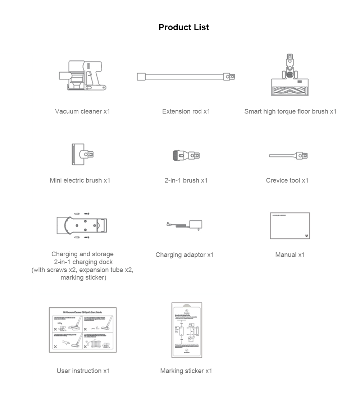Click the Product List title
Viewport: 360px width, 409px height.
[x=183, y=27]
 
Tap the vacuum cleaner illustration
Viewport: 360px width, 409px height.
[x=83, y=76]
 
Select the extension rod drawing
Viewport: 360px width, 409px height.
[x=186, y=77]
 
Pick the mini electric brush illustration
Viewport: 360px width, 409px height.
[x=83, y=155]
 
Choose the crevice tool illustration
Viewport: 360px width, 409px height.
[x=288, y=156]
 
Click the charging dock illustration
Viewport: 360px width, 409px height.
[x=82, y=225]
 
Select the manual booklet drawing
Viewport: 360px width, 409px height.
[x=290, y=226]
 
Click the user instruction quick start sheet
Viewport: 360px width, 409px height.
[x=83, y=330]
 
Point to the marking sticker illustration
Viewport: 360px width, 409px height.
[x=187, y=330]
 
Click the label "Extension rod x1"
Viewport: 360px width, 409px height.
[x=186, y=111]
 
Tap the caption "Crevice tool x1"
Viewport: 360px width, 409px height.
[x=287, y=180]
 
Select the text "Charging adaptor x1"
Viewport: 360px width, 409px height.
[x=184, y=255]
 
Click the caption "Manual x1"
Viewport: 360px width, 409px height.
[x=290, y=255]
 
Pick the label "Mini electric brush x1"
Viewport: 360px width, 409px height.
[x=80, y=180]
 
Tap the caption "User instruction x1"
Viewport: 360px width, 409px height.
[x=83, y=371]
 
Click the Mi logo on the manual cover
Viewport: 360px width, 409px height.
[x=306, y=236]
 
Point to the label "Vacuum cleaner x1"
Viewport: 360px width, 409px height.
[x=82, y=111]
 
